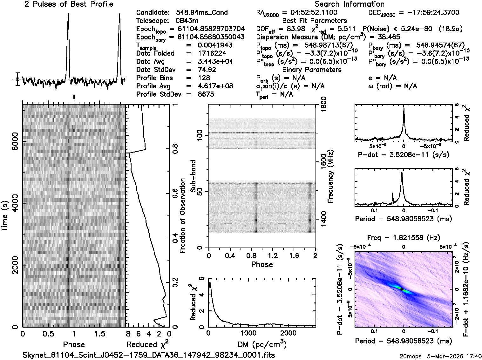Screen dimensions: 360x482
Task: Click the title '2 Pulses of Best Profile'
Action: click(69, 4)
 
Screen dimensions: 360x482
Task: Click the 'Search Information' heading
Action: click(350, 4)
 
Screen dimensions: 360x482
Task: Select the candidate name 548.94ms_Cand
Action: click(201, 13)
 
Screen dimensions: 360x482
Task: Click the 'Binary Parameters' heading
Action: click(312, 70)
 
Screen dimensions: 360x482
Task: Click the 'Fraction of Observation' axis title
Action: click(183, 216)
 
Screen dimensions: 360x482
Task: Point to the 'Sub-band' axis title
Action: click(193, 176)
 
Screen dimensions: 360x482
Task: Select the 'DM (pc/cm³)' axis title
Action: click(262, 344)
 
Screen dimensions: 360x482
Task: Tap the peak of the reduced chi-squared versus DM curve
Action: click(210, 283)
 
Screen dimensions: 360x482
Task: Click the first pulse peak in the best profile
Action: click(68, 14)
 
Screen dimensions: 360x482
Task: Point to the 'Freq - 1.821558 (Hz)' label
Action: click(404, 238)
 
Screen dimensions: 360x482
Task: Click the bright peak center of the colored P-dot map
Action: click(402, 289)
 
